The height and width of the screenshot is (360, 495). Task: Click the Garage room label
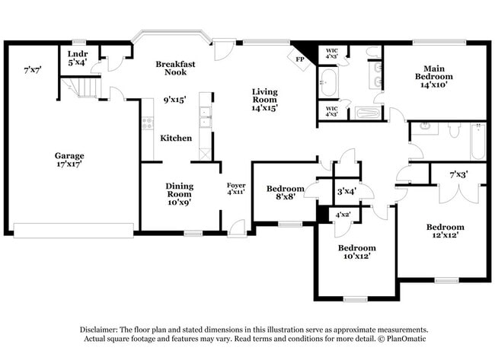[69, 155]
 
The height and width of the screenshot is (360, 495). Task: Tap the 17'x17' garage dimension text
[69, 164]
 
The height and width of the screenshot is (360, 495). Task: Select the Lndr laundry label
[78, 54]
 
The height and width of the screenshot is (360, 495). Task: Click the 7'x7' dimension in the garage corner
[33, 70]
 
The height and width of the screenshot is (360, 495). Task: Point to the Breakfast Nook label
[177, 68]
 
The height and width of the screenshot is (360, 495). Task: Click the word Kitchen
[175, 138]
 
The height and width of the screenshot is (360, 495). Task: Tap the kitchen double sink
[205, 116]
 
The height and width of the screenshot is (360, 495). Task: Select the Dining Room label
[180, 190]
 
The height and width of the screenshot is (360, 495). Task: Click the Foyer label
[236, 185]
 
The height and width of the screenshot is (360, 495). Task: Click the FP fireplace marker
[299, 57]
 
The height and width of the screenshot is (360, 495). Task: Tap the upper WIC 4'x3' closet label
[331, 54]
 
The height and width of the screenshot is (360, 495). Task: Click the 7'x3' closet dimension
[458, 175]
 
